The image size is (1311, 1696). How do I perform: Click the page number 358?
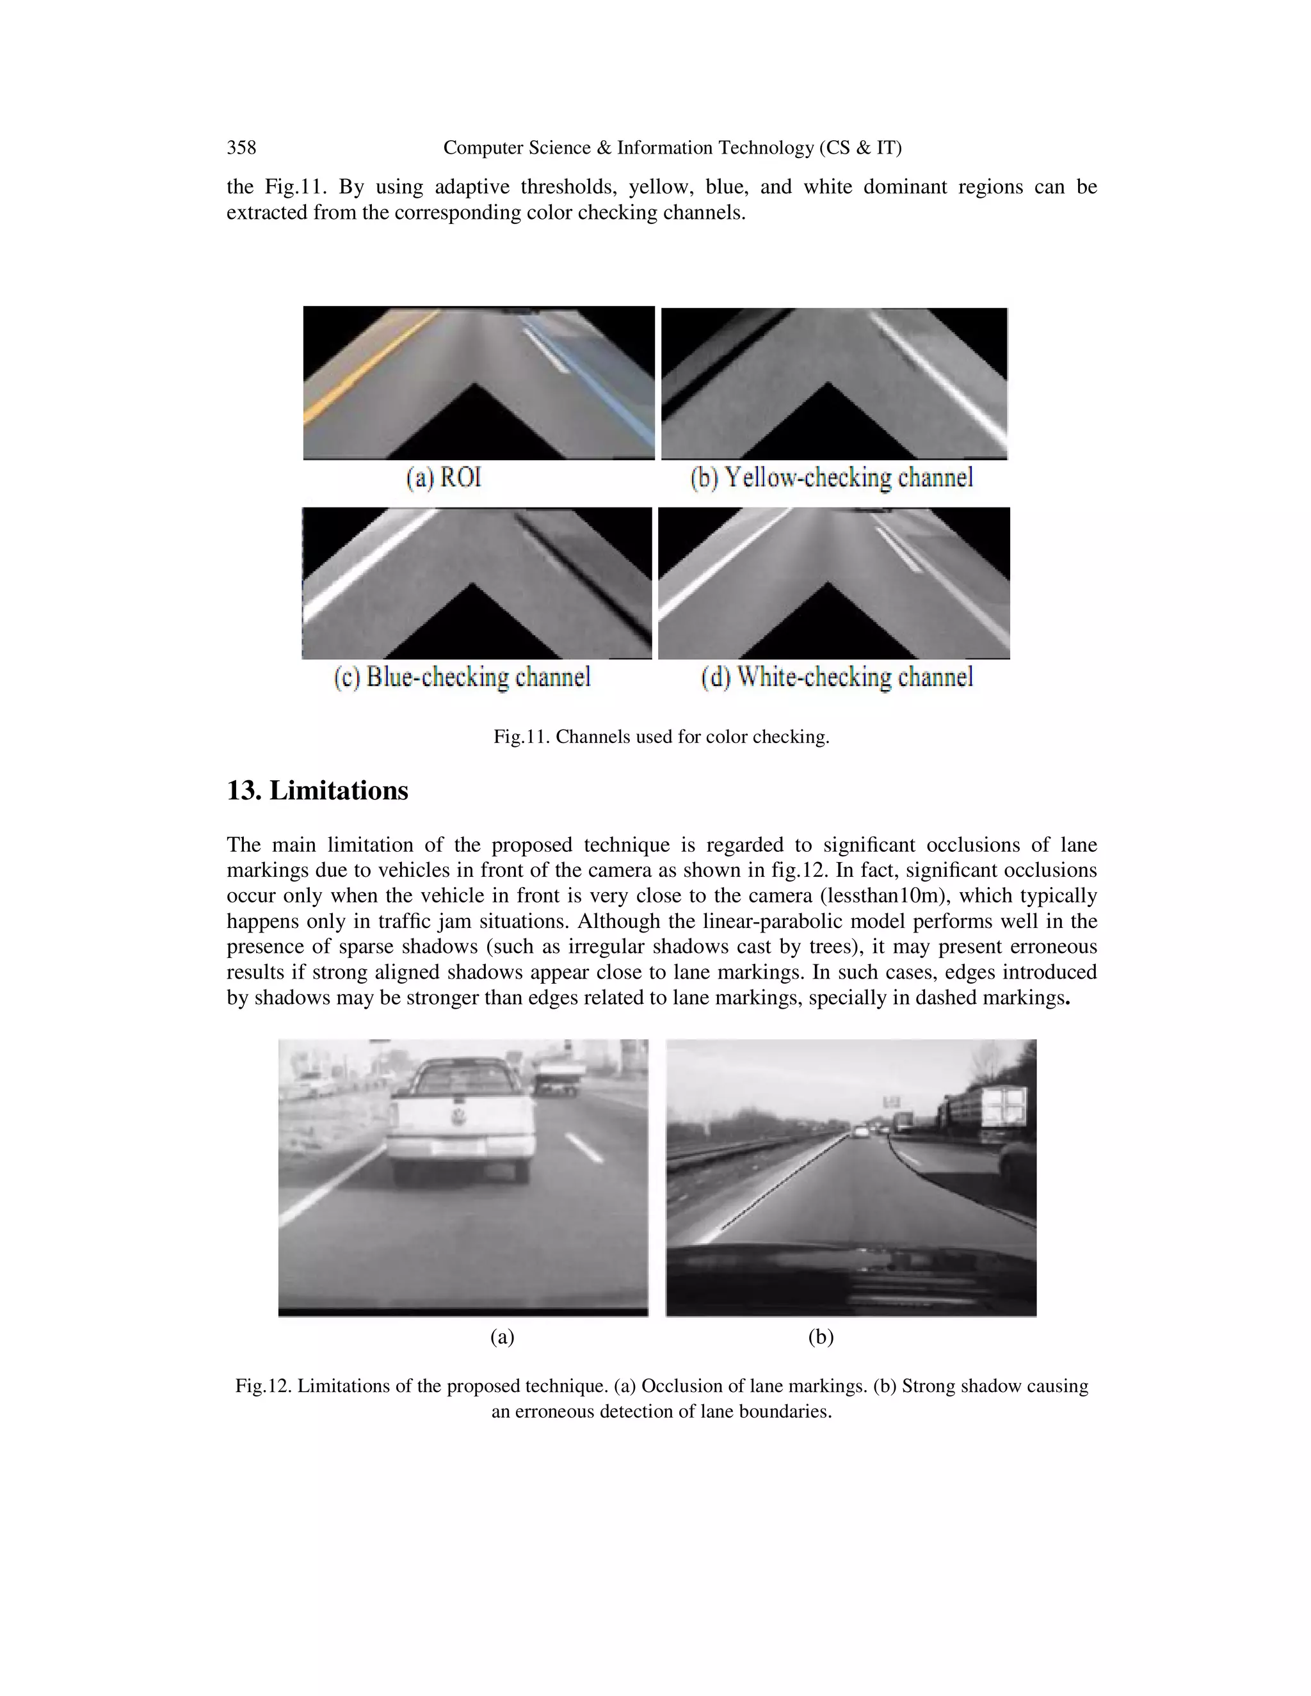click(241, 148)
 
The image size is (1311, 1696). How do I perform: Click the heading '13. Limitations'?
click(317, 790)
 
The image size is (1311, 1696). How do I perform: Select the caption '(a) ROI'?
click(444, 477)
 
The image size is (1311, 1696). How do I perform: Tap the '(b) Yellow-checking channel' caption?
click(831, 477)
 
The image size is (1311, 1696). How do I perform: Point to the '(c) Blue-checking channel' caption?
click(462, 677)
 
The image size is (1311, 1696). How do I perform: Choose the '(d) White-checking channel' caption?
click(837, 677)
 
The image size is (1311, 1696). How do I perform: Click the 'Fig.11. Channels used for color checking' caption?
click(661, 736)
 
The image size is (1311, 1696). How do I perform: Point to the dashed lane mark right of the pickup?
click(584, 1147)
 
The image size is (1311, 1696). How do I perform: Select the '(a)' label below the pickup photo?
click(502, 1336)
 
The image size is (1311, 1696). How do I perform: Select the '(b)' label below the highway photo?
click(820, 1336)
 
